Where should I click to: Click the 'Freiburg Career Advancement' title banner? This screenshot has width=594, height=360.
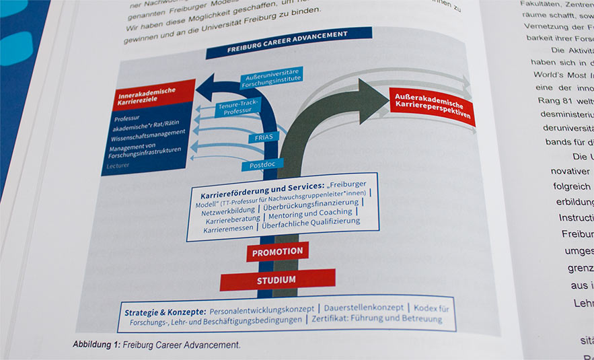288,42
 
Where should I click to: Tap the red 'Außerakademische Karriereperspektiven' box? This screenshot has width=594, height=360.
431,105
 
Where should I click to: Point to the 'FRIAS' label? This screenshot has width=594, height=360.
263,137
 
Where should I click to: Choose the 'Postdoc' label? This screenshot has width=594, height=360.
262,165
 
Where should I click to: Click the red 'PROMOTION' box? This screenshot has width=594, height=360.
277,252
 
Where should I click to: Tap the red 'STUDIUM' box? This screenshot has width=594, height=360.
276,279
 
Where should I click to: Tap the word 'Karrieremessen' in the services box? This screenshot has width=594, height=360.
229,229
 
